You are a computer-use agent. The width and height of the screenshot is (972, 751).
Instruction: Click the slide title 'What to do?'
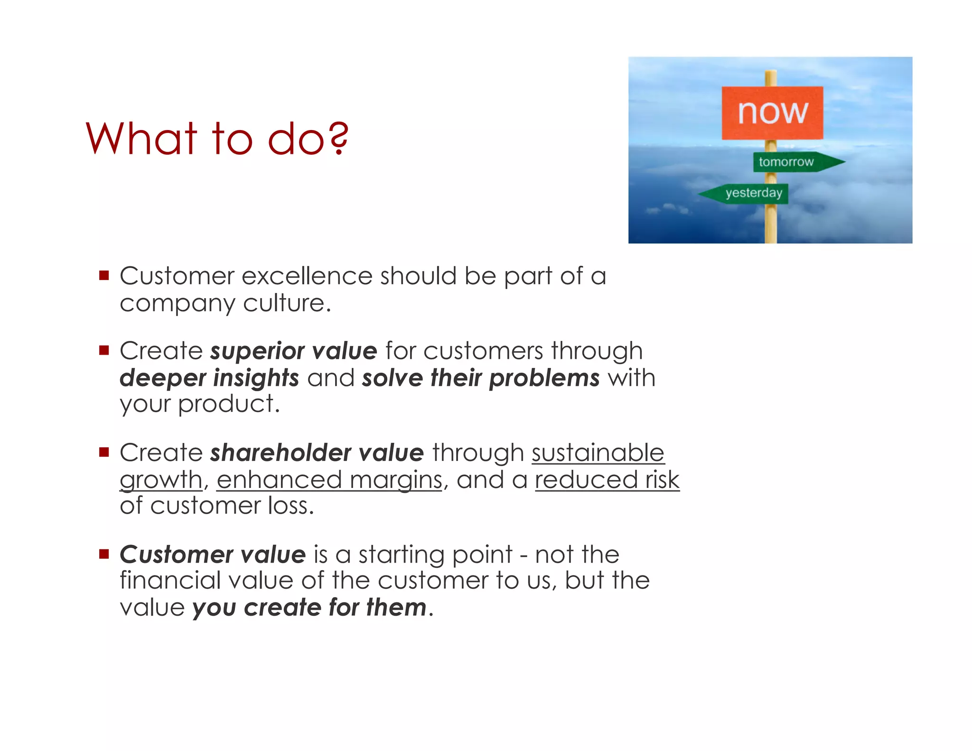pos(217,139)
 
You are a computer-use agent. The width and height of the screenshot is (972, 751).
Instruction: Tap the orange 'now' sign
pos(772,113)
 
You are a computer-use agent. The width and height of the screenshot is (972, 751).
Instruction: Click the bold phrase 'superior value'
pos(293,351)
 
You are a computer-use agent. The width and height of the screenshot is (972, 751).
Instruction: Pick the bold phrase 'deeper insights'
pos(209,378)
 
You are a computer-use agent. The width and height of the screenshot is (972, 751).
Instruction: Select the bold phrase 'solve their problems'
pos(480,378)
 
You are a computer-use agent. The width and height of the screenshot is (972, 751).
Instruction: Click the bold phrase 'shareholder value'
pos(317,453)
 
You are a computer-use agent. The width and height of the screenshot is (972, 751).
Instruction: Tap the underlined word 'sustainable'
pos(598,453)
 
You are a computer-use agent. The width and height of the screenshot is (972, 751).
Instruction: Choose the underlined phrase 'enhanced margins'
pos(329,480)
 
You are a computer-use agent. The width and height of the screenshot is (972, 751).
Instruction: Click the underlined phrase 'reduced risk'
pos(607,480)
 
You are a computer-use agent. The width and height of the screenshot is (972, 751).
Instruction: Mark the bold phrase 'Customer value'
pos(212,554)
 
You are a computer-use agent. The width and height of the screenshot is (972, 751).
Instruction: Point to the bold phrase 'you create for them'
pos(309,608)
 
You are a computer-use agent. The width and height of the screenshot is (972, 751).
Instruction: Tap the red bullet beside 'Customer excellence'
pos(104,275)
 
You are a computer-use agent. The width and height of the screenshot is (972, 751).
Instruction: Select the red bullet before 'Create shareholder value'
pos(104,451)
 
